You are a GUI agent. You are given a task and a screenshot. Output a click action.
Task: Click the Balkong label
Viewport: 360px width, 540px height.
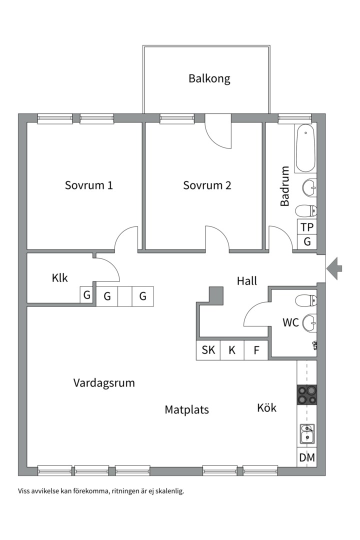(x=209, y=78)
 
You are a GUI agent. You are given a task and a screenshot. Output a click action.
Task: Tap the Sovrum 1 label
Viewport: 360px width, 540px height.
(x=88, y=185)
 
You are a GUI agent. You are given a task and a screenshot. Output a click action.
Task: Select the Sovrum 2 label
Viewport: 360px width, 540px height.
(x=207, y=185)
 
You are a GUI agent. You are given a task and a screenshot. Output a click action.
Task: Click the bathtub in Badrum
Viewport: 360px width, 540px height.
(x=305, y=149)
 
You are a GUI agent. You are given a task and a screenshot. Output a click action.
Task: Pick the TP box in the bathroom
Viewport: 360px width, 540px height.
(x=307, y=226)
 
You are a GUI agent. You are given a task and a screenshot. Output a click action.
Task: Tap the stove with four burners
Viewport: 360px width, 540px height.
(x=306, y=394)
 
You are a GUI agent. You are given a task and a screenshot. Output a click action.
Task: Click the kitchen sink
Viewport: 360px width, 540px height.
(x=306, y=433)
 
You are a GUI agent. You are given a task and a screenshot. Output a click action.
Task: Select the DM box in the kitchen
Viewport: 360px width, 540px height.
(x=306, y=457)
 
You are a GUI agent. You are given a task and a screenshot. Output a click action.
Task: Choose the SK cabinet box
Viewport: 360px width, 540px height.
(x=208, y=350)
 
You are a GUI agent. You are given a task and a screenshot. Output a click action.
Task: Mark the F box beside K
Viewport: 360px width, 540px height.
(x=256, y=350)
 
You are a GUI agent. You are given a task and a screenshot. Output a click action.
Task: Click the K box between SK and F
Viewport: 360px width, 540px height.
(x=232, y=350)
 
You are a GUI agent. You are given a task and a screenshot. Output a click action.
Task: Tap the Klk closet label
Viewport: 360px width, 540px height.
(x=59, y=278)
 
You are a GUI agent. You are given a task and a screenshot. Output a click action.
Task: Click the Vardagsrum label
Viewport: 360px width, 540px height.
(x=104, y=383)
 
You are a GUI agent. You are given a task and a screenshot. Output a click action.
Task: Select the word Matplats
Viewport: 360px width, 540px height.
(x=186, y=410)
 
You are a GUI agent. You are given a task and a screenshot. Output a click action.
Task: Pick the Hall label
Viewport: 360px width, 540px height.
(x=247, y=281)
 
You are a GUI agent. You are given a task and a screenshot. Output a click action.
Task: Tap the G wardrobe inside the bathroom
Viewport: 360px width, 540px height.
(x=307, y=241)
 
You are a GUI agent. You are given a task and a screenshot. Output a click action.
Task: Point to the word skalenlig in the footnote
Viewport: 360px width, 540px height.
(x=170, y=491)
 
